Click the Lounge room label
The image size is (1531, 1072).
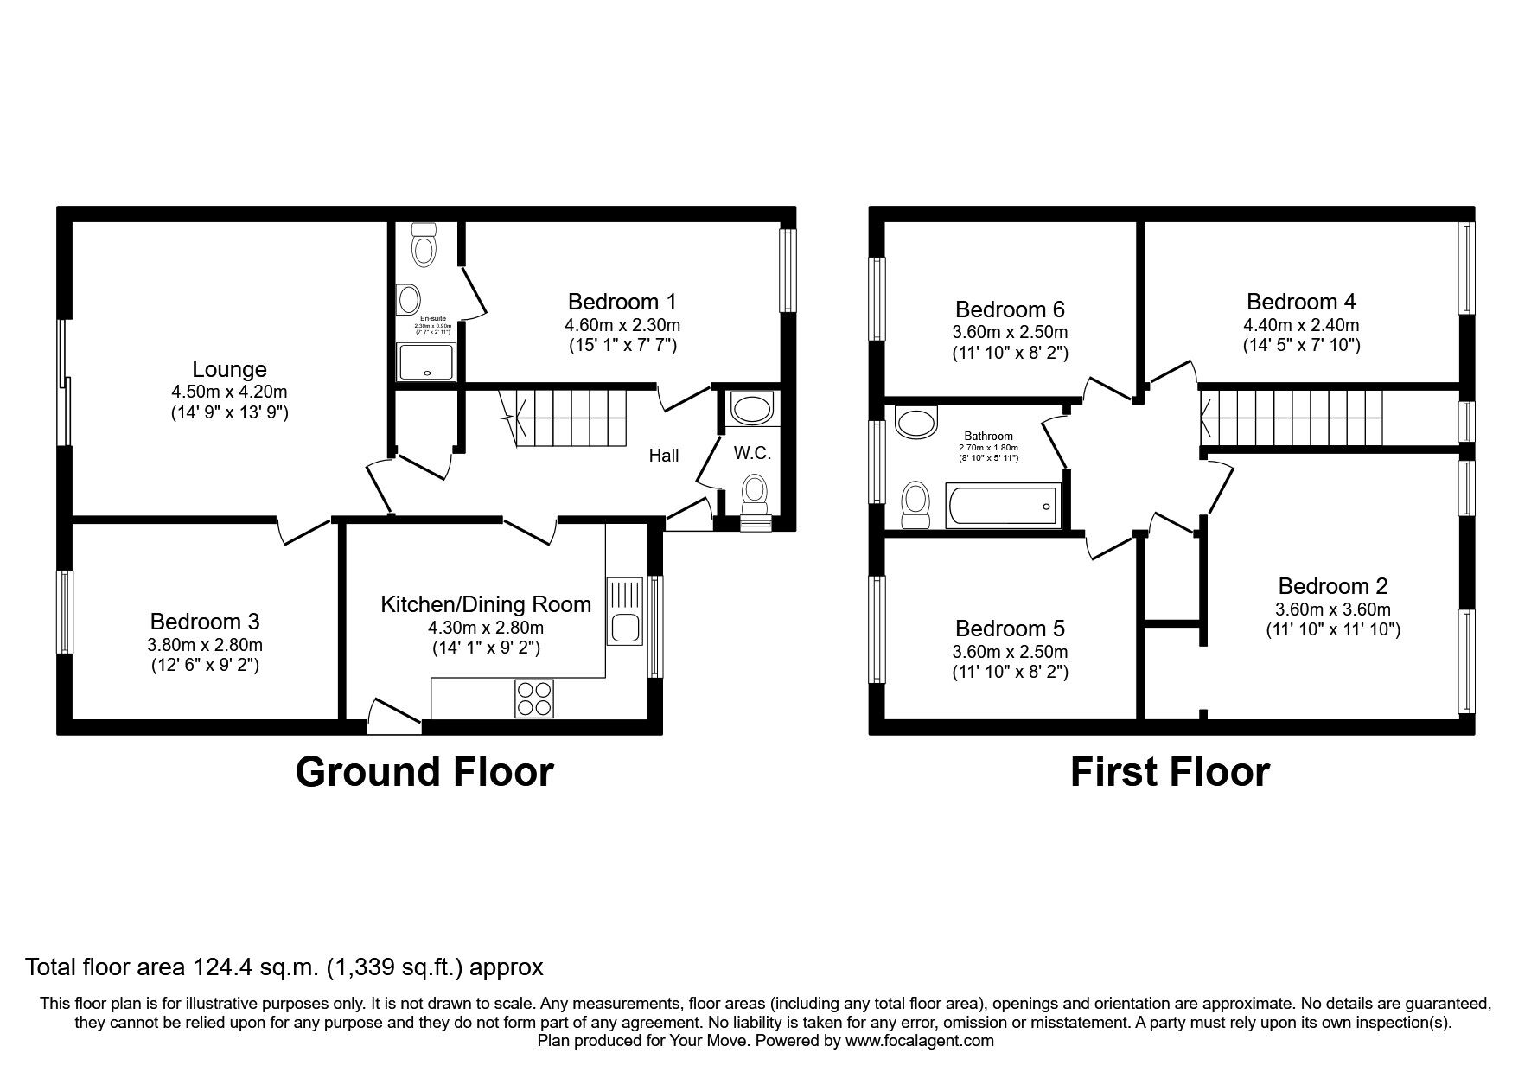[229, 370]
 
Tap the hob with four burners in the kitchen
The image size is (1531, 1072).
[533, 699]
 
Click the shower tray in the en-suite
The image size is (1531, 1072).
[425, 362]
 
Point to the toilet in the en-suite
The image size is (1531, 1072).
[424, 245]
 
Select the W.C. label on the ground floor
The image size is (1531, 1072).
[752, 454]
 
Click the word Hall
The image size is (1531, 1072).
[664, 456]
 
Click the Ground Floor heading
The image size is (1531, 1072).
[424, 772]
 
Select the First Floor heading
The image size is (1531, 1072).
[1169, 772]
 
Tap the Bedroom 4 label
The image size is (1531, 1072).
[1300, 302]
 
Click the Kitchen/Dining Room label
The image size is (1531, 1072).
[486, 604]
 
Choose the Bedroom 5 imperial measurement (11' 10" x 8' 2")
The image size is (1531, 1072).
[1011, 672]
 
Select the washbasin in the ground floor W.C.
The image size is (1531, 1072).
[746, 406]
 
